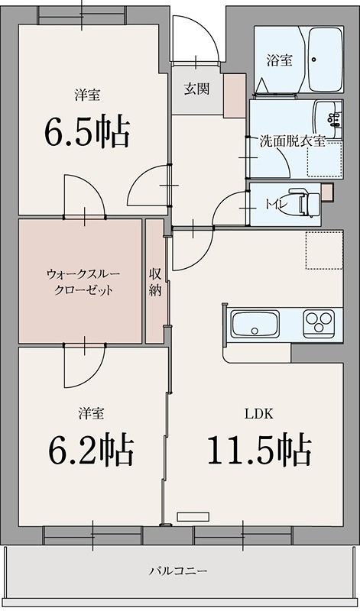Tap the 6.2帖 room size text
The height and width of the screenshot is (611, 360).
[91, 451]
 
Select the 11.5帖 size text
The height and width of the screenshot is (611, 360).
[259, 450]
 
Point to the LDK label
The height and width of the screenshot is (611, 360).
[254, 414]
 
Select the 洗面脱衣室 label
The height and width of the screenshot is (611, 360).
[294, 141]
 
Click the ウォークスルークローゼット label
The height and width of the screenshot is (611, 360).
[80, 281]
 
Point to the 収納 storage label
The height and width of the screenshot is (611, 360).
[155, 282]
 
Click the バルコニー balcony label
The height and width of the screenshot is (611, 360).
[178, 570]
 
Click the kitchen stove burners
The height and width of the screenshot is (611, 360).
[319, 324]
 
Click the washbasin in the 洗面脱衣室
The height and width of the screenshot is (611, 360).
[329, 119]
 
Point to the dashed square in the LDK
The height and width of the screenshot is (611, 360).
[320, 250]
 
